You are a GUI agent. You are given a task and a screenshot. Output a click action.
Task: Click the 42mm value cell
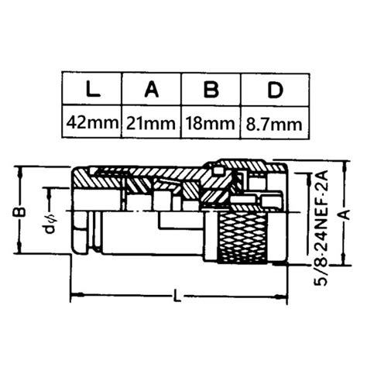[91, 122]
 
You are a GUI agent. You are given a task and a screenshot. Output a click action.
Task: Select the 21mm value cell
[151, 122]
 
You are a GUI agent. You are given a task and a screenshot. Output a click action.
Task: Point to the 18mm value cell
[210, 122]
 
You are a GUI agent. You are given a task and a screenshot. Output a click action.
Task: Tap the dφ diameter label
[49, 229]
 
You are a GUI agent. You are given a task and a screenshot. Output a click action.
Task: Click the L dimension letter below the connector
[179, 297]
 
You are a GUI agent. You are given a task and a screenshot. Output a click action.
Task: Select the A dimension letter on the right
[338, 218]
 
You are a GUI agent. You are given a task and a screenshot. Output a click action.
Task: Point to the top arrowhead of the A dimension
[338, 164]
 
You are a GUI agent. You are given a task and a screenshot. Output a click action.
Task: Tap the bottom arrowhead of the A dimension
[338, 265]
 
